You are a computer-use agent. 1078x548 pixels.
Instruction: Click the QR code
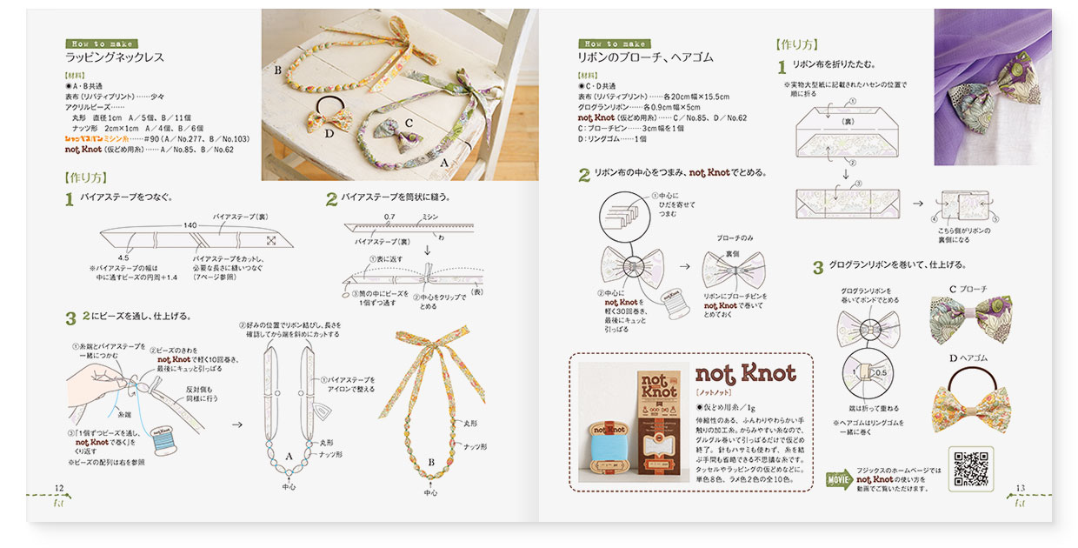[x=971, y=467]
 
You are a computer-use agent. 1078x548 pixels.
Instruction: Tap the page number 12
[x=58, y=488]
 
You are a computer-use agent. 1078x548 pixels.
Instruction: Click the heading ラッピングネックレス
[x=115, y=58]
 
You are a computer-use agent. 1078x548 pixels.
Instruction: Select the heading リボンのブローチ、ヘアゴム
[x=645, y=58]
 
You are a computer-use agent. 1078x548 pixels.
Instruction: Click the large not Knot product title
[x=745, y=373]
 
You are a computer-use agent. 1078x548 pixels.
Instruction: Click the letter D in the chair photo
[x=329, y=133]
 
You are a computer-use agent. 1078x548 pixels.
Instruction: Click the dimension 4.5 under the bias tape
[x=124, y=257]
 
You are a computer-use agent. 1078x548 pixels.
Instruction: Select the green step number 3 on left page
[x=70, y=318]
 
